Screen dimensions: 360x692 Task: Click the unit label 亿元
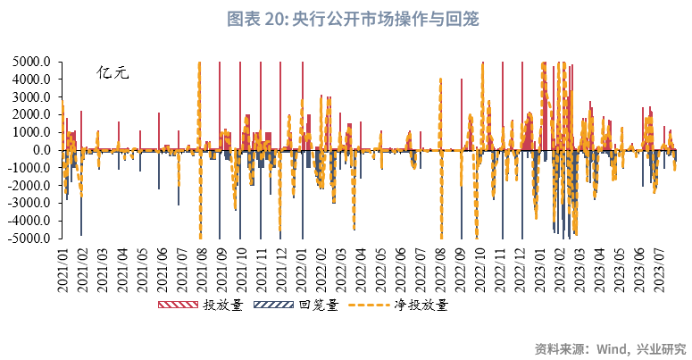click(x=113, y=73)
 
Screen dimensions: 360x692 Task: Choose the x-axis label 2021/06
click(x=163, y=268)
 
